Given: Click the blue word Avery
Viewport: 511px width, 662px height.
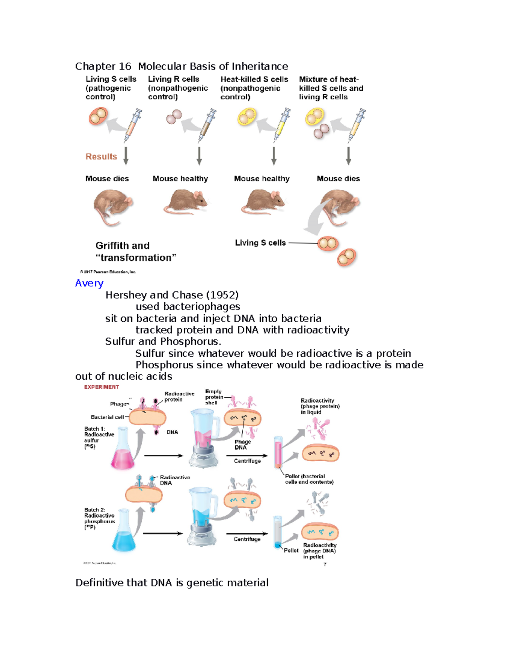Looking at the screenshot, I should coord(89,283).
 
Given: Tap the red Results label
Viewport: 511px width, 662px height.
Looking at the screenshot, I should coord(101,156).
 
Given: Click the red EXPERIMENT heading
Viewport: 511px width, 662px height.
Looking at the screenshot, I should coord(101,387).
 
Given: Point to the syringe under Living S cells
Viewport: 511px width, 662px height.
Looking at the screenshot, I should coord(132,124).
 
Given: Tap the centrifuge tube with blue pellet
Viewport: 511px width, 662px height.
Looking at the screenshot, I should coord(278,533).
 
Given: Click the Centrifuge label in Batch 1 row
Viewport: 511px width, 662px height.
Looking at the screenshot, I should coord(247,461).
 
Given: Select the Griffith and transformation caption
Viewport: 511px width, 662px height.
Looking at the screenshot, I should coord(135,252).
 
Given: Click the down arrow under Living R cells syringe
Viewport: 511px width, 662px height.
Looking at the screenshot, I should coord(199,156).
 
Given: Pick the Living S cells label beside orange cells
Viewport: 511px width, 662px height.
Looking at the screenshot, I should coord(260,243).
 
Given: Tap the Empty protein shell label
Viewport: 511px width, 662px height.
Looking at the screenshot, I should coord(214,397).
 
